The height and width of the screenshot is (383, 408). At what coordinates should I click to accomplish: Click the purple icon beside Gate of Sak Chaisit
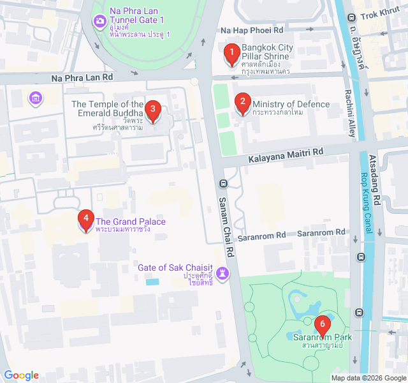click(222, 273)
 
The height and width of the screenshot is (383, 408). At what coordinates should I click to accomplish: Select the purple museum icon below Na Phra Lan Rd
click(36, 98)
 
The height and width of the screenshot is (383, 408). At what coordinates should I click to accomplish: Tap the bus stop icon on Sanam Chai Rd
click(223, 183)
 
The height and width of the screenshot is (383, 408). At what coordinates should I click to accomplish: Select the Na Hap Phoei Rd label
click(251, 30)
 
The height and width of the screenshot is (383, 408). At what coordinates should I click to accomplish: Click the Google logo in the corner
click(21, 375)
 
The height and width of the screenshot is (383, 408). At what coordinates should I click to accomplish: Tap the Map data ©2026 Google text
click(368, 378)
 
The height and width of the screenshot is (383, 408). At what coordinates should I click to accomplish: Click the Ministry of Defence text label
click(291, 105)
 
